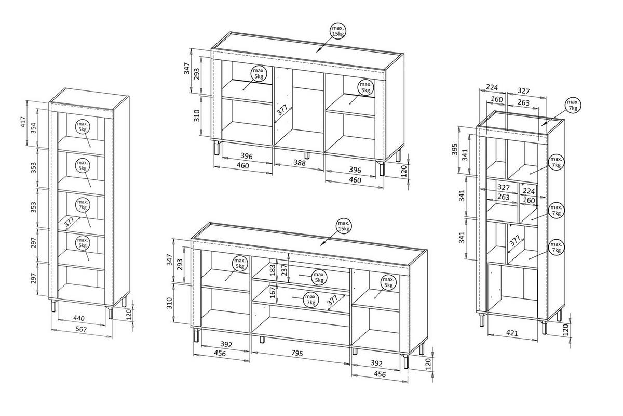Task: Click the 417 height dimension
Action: click(23, 122)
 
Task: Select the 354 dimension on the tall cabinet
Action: click(33, 128)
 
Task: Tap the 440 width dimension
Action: click(79, 318)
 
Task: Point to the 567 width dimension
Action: click(81, 329)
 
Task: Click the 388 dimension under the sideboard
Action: click(300, 163)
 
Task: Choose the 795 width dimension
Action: click(297, 353)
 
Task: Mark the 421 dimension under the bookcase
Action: click(512, 333)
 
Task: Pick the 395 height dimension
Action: click(454, 149)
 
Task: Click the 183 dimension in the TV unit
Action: click(273, 270)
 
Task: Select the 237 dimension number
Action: click(285, 270)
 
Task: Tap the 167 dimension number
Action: click(273, 292)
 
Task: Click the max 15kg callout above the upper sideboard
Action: click(338, 31)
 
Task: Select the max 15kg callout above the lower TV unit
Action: click(344, 226)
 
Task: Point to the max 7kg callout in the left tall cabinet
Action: click(83, 204)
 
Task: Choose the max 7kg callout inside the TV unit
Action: click(310, 300)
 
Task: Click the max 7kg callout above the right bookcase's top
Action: click(573, 106)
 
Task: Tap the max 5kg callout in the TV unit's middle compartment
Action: click(319, 278)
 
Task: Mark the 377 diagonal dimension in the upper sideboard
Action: click(282, 110)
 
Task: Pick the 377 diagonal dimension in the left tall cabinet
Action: click(69, 222)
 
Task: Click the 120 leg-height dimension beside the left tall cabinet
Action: click(129, 315)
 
